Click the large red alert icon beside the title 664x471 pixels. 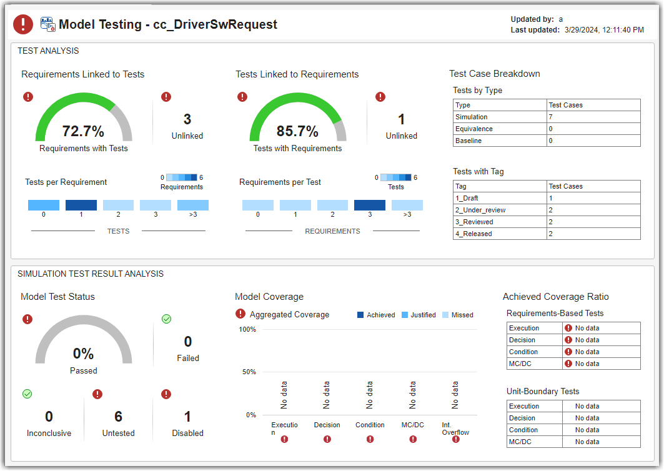23,24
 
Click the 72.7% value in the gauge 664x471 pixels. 83,131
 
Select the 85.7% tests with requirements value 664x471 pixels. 297,131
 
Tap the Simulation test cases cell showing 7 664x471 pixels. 550,117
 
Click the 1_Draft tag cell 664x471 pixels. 467,198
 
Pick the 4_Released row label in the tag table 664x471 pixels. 473,234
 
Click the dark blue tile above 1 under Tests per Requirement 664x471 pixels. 81,205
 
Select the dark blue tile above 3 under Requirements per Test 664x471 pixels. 370,205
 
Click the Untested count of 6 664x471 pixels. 118,417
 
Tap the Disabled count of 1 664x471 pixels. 187,417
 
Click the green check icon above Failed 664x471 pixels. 166,319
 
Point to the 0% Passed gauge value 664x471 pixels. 83,354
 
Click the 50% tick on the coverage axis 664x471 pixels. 248,372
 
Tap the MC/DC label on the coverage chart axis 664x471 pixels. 412,425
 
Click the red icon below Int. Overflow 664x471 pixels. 455,439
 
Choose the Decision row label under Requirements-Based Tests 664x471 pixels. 522,340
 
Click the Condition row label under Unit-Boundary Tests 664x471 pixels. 523,430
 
